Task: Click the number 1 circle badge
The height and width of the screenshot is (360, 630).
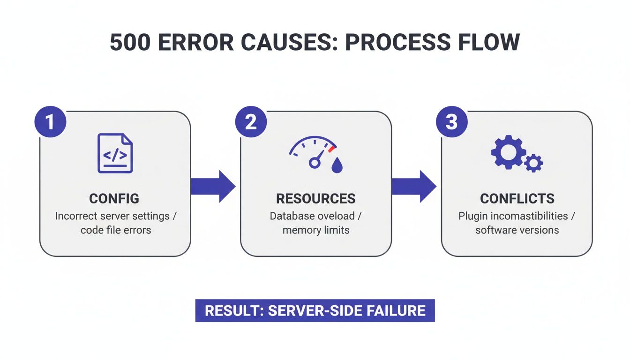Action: (x=50, y=122)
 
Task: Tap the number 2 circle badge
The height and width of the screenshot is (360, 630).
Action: (x=251, y=122)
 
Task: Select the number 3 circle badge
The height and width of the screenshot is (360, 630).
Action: (x=451, y=122)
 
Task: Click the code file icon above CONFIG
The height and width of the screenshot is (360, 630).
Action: (x=115, y=153)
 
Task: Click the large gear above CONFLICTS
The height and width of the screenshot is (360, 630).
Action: (x=508, y=152)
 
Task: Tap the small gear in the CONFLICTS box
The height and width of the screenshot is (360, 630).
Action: (x=533, y=163)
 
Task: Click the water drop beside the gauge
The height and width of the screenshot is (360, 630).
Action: (x=337, y=165)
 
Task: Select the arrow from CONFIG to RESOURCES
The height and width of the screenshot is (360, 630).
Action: (x=213, y=186)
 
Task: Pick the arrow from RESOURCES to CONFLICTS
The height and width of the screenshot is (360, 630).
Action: (x=413, y=186)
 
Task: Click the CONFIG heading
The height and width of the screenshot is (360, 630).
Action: (x=114, y=198)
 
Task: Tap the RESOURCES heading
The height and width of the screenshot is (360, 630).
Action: (x=315, y=198)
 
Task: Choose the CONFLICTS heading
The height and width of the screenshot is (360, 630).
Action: (x=517, y=198)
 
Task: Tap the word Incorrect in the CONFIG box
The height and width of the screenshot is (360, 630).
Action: (x=76, y=217)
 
